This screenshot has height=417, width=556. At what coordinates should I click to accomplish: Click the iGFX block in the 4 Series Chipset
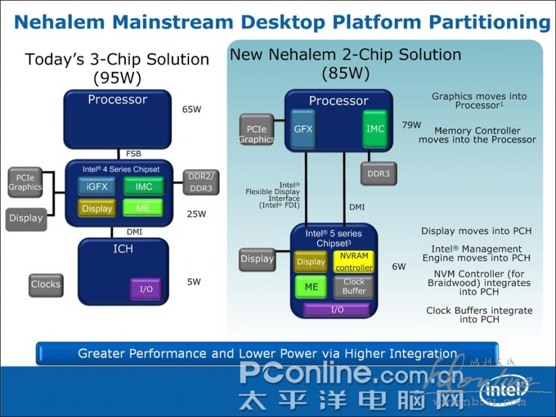click(x=97, y=187)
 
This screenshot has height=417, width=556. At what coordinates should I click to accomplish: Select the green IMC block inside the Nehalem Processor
click(x=375, y=129)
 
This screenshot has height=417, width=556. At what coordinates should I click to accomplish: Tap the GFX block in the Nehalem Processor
click(x=303, y=129)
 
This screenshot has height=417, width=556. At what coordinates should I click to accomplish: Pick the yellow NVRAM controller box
click(x=353, y=262)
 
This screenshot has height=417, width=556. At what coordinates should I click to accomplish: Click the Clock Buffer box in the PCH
click(x=354, y=287)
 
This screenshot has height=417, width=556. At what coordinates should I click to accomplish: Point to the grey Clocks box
click(x=46, y=285)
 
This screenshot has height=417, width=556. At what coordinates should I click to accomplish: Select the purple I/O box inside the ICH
click(x=146, y=289)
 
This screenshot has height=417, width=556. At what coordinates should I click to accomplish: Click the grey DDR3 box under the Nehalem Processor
click(x=378, y=174)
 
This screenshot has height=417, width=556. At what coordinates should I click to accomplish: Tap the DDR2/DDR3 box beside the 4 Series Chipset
click(x=201, y=183)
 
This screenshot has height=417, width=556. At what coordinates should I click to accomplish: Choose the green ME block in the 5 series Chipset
click(x=311, y=287)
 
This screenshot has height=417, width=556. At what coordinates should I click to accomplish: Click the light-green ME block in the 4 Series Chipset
click(x=143, y=208)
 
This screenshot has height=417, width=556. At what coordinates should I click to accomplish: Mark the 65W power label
click(x=192, y=110)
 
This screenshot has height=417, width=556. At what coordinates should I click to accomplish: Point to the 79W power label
click(x=411, y=125)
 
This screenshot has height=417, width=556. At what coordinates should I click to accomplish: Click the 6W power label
click(x=399, y=267)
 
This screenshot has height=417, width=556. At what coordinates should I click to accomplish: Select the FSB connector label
click(x=133, y=153)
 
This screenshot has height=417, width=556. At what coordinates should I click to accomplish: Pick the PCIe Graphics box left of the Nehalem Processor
click(x=256, y=130)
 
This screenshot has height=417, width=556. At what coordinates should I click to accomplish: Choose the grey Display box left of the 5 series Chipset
click(x=257, y=259)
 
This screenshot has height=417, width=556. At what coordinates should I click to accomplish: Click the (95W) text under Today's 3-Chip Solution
click(x=117, y=78)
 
